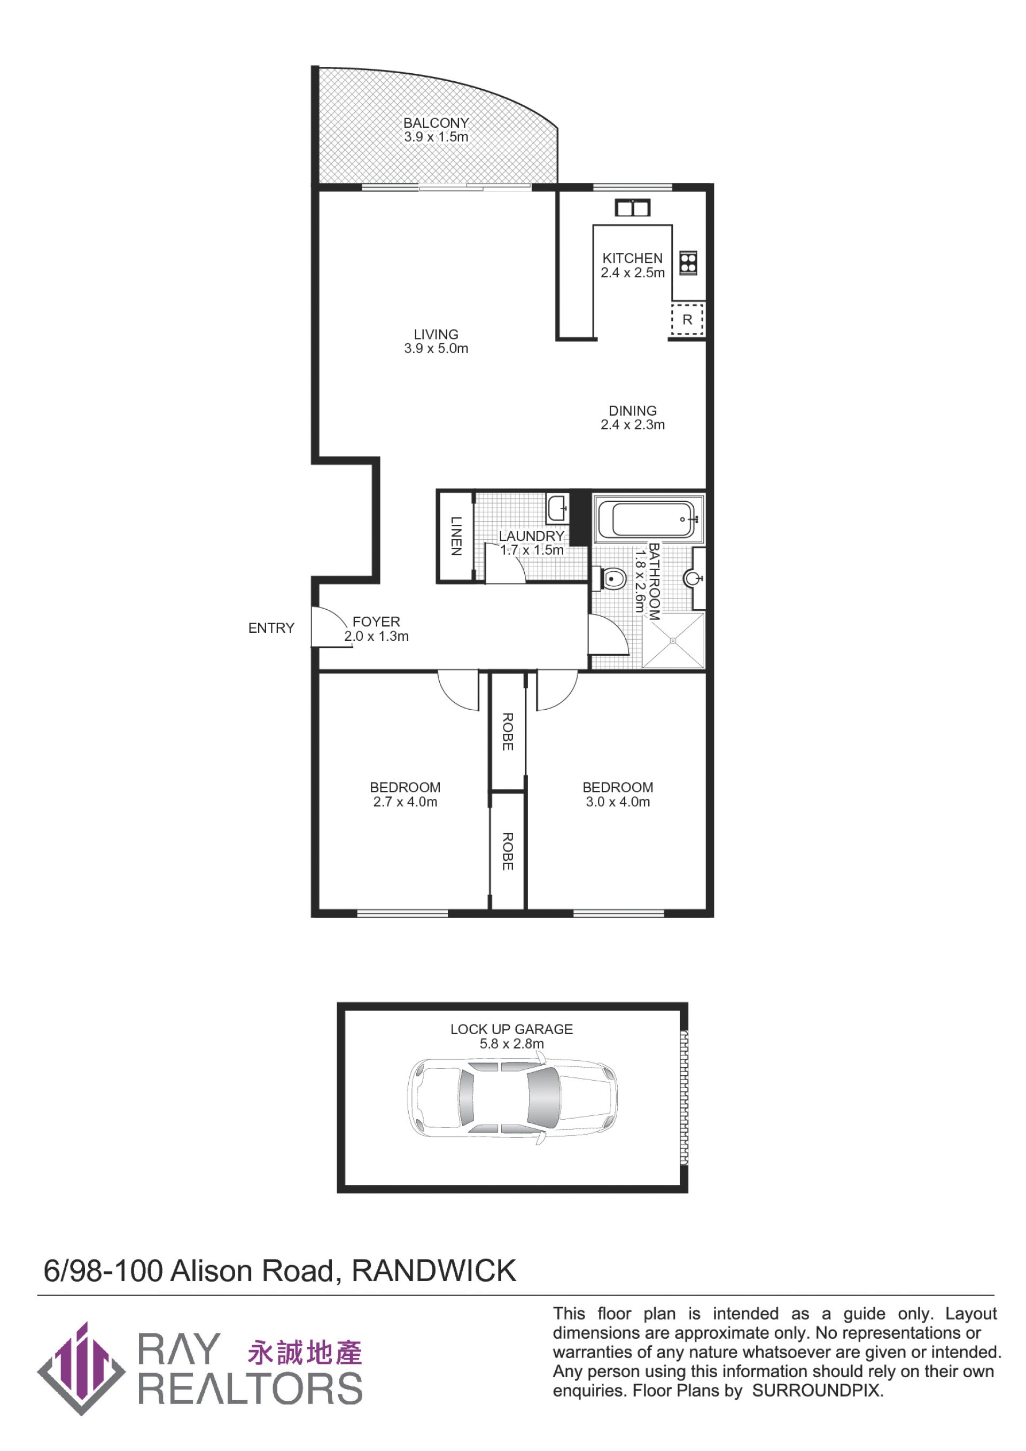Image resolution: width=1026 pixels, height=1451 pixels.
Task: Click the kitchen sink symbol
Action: (x=632, y=207)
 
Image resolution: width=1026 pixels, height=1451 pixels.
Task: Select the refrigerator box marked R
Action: (x=687, y=320)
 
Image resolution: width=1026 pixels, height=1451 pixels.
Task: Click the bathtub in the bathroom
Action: (x=648, y=519)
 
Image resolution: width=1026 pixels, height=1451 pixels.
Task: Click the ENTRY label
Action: (x=271, y=627)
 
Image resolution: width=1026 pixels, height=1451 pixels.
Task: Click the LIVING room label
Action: (x=436, y=335)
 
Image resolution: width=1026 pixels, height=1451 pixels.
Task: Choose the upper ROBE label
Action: (x=507, y=731)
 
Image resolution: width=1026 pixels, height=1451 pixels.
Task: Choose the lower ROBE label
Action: (x=507, y=851)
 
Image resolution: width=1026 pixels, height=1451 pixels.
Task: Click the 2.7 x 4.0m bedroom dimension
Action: (x=405, y=802)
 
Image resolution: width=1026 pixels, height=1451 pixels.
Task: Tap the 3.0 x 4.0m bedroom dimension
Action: (x=617, y=802)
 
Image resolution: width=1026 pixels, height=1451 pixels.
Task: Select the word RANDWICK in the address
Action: (x=434, y=1271)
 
